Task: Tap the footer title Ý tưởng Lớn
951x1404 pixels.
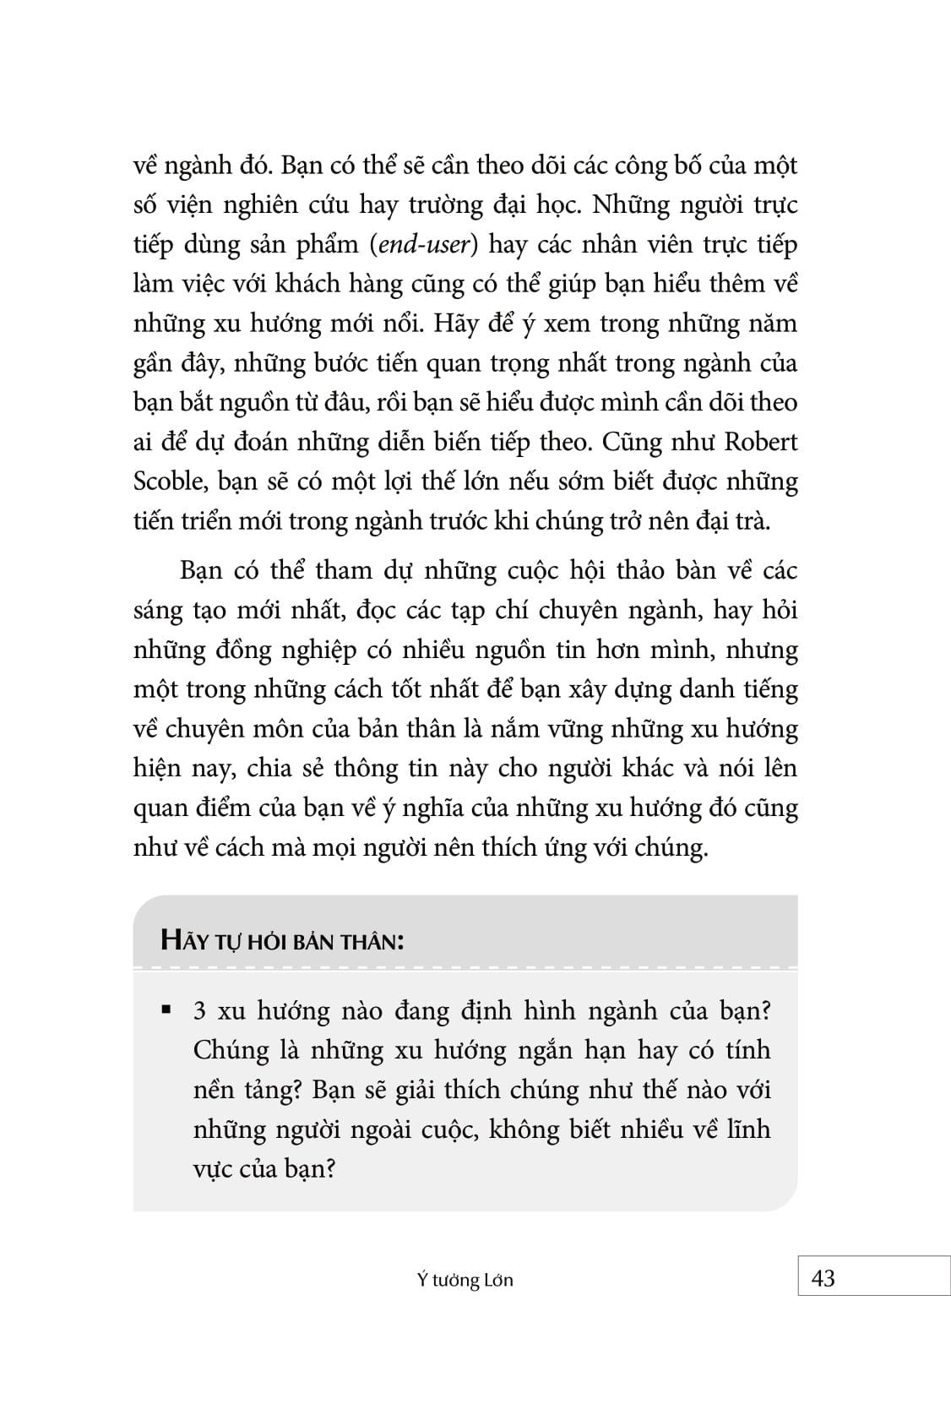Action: (465, 1280)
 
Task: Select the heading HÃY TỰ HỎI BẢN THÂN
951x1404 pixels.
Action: (282, 940)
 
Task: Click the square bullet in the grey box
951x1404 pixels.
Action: (166, 1009)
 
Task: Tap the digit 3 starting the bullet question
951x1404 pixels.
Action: (199, 1011)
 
